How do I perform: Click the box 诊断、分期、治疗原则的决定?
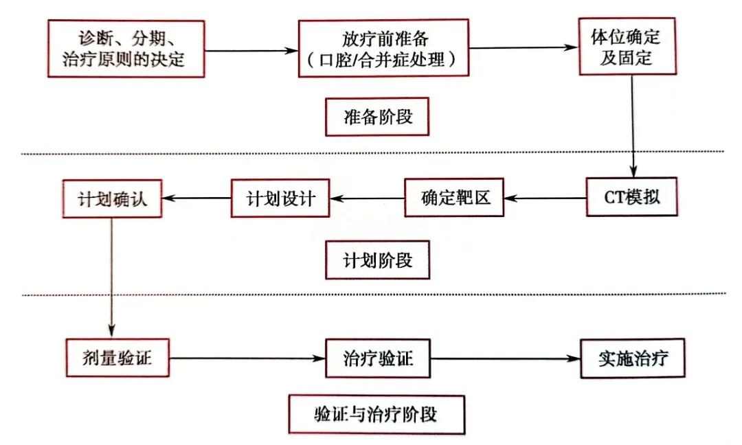[x=126, y=48]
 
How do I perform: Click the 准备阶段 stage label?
[x=378, y=117]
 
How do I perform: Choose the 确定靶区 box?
[x=454, y=198]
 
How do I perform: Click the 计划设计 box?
[x=280, y=198]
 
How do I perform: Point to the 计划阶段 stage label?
[x=378, y=260]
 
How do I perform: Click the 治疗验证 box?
[x=378, y=358]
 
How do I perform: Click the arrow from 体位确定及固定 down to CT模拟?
[x=632, y=127]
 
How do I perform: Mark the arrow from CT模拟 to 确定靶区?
[x=545, y=198]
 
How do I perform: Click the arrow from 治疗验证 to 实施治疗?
[x=505, y=358]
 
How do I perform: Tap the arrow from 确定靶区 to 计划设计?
[x=367, y=198]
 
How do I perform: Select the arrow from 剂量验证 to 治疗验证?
[x=247, y=358]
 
